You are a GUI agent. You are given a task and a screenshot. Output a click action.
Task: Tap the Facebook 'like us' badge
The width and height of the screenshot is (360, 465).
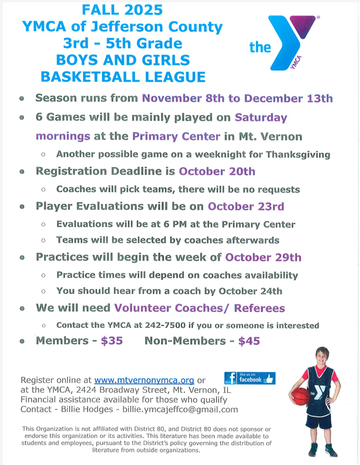tap(250, 378)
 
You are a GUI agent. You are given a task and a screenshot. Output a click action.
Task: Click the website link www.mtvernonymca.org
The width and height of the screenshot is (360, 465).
tap(144, 380)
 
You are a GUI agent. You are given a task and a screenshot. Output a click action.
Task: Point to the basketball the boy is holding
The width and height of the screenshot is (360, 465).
tap(300, 396)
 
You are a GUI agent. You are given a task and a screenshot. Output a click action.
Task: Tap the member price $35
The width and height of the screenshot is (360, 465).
tap(111, 341)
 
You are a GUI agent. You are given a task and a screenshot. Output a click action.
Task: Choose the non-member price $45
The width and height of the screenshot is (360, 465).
tap(249, 341)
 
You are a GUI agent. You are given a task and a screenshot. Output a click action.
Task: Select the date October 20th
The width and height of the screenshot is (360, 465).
tap(217, 172)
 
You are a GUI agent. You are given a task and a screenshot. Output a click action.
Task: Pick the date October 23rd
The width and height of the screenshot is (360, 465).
tap(246, 206)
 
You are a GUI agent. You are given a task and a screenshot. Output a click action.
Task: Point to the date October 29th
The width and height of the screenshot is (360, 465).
tap(263, 257)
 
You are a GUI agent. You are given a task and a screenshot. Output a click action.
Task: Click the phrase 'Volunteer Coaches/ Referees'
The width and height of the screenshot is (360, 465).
tap(200, 308)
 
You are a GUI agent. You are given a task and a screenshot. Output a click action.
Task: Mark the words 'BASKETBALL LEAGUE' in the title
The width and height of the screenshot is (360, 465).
tap(122, 77)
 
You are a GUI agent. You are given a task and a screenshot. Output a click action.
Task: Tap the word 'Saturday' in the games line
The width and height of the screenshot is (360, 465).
tap(261, 117)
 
